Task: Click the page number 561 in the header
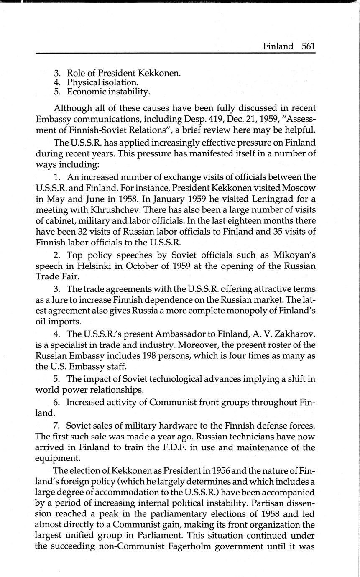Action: click(x=308, y=46)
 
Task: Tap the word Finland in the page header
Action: click(x=278, y=46)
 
